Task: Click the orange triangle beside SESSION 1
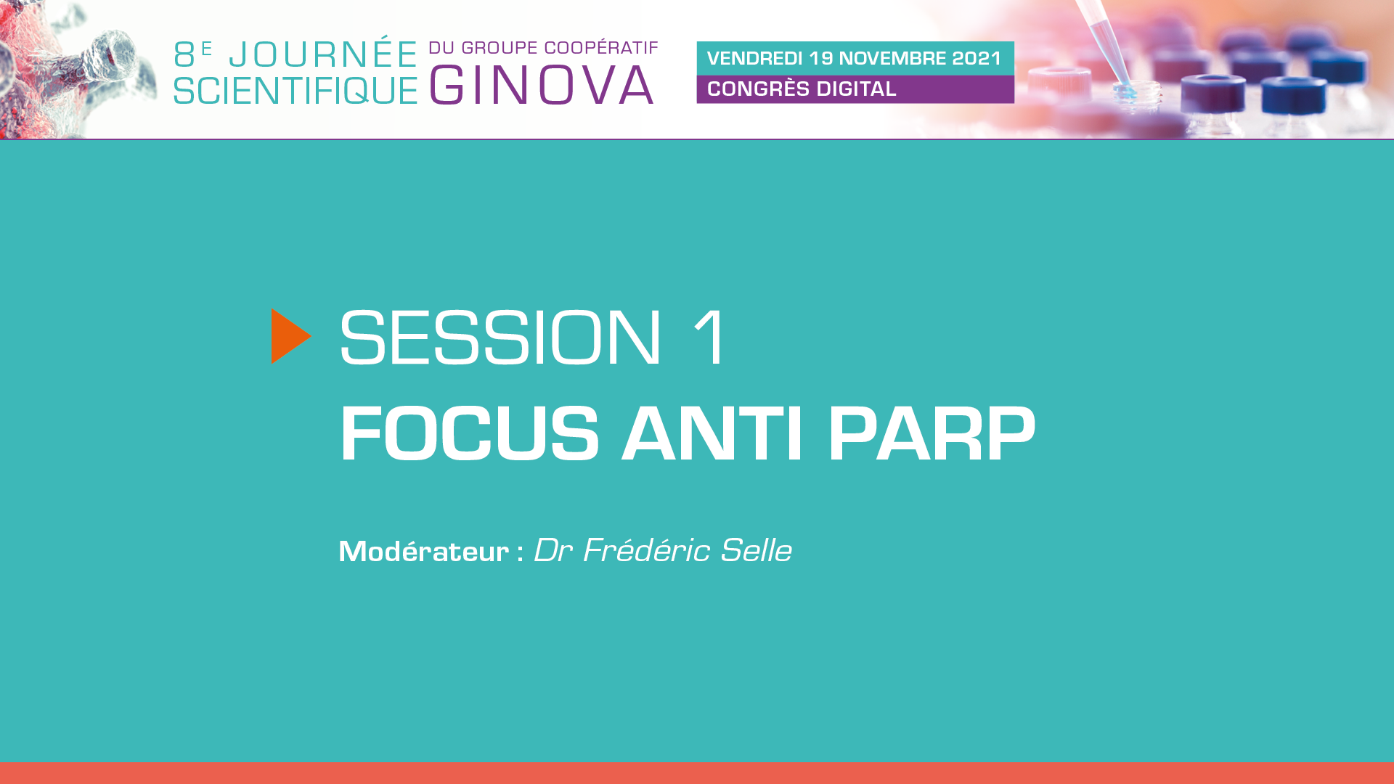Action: (290, 336)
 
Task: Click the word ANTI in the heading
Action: (712, 433)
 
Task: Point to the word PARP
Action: (932, 433)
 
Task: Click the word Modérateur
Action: (424, 551)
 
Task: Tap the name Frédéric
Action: (645, 550)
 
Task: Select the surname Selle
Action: (756, 550)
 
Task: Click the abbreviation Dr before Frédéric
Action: (553, 550)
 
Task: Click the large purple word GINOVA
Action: (542, 85)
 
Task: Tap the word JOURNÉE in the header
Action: (323, 54)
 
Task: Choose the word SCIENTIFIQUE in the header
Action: (295, 90)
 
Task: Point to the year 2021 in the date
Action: (977, 58)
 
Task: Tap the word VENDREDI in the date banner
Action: (754, 58)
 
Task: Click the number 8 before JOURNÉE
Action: (184, 55)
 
